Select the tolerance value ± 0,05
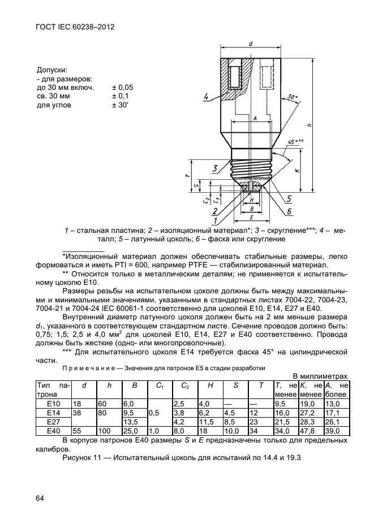tap(122, 88)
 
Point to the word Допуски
tap(53, 70)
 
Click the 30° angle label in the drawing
tap(292, 97)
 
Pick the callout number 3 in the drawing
tap(216, 168)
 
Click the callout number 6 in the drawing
tap(289, 212)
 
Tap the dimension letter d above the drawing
tap(250, 44)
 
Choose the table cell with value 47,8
tap(310, 431)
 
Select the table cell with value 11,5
tap(208, 422)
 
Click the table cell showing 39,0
tap(335, 431)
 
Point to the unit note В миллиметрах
tap(320, 376)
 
